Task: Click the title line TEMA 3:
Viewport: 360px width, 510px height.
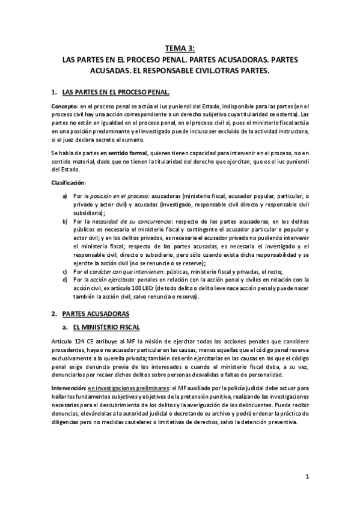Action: tap(180, 50)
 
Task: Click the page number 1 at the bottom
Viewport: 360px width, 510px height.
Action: tap(307, 478)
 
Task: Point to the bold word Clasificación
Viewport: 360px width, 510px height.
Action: tap(68, 182)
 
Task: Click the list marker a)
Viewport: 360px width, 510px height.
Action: tap(65, 196)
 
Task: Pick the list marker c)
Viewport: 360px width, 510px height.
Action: tap(65, 272)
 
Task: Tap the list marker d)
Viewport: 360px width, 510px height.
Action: tap(65, 280)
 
